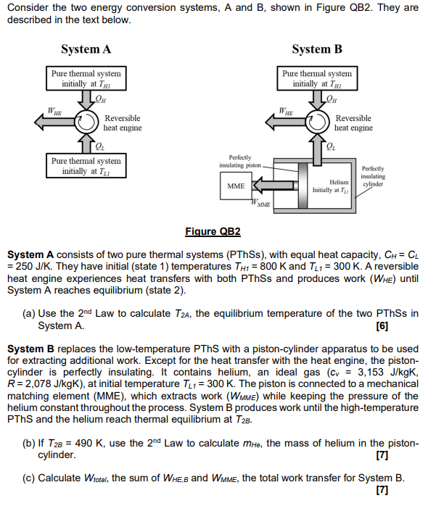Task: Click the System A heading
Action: pos(86,49)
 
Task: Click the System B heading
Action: pos(317,49)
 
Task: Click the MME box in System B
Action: pos(236,186)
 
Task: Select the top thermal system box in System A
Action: pos(86,78)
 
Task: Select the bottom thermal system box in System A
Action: pos(86,166)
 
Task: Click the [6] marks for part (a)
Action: pos(382,325)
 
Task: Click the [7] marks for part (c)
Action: pos(382,492)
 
